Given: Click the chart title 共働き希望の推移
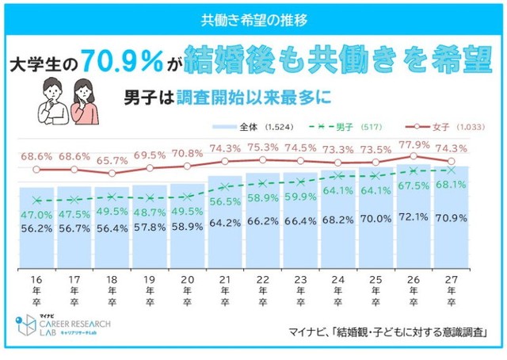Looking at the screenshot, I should pos(253,18).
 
